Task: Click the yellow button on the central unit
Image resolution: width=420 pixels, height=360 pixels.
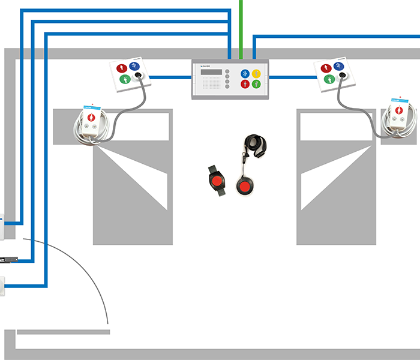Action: click(x=256, y=73)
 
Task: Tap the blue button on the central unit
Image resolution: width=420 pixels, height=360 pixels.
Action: click(x=245, y=73)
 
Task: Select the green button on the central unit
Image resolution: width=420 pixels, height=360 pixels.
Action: click(x=256, y=84)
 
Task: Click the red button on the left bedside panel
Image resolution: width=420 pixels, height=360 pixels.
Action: click(x=122, y=68)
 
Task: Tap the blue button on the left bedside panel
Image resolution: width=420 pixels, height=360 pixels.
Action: click(x=134, y=66)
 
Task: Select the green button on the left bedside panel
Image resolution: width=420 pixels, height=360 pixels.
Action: click(x=125, y=79)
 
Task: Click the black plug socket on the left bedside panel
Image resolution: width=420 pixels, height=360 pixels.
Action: click(x=139, y=75)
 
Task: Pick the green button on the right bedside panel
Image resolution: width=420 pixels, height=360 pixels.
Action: click(x=330, y=79)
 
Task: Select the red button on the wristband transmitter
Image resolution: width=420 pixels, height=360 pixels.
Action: click(x=215, y=180)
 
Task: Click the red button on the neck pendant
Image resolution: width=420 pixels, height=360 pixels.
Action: click(x=245, y=187)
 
